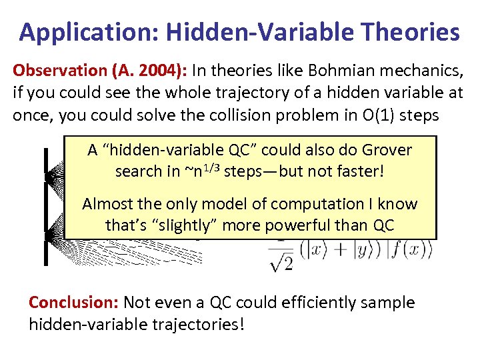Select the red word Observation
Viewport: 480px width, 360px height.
click(x=55, y=71)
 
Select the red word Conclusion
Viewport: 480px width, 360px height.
click(x=71, y=303)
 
